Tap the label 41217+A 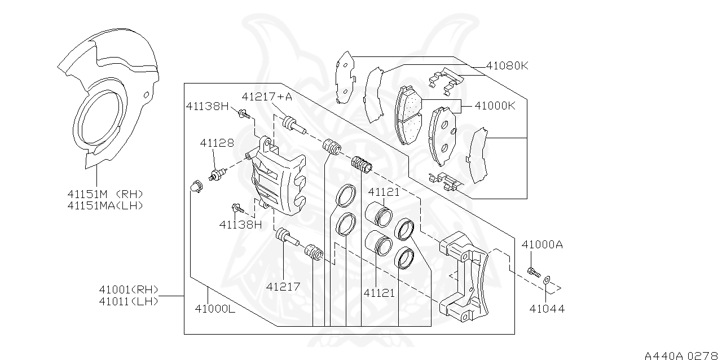pyautogui.click(x=267, y=96)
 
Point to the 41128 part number pyautogui.click(x=217, y=143)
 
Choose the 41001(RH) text pyautogui.click(x=129, y=290)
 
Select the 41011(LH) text pyautogui.click(x=129, y=301)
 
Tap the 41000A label pyautogui.click(x=541, y=244)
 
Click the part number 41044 pyautogui.click(x=547, y=309)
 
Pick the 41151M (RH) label pyautogui.click(x=105, y=194)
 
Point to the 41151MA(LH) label pyautogui.click(x=105, y=205)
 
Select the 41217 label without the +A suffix pyautogui.click(x=283, y=287)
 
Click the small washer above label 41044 pyautogui.click(x=547, y=279)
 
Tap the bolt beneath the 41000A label pyautogui.click(x=532, y=272)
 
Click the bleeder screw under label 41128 pyautogui.click(x=217, y=173)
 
